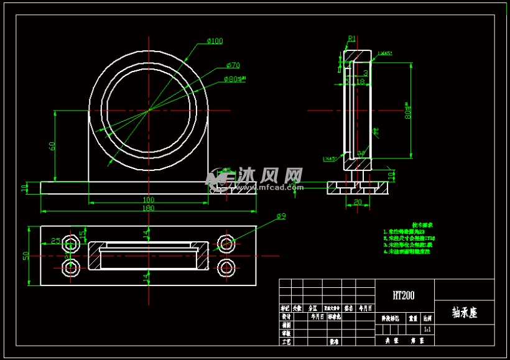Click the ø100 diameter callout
(215, 41)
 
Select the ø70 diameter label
(233, 65)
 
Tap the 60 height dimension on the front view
(53, 146)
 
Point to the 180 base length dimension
(149, 208)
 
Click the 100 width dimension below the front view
(149, 200)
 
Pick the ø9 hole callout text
(281, 216)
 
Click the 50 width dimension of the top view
(26, 256)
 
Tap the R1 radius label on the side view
(352, 39)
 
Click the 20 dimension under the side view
(358, 202)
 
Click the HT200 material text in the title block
(404, 296)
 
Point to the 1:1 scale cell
(427, 328)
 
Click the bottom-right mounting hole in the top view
(225, 268)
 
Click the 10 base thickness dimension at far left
(24, 187)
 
